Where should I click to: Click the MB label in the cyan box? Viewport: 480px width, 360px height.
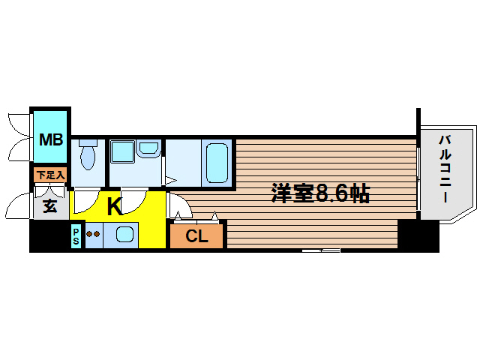(x=50, y=139)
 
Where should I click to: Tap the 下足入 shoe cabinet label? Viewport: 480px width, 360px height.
(x=50, y=175)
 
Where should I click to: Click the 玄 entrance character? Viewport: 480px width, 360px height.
(x=49, y=206)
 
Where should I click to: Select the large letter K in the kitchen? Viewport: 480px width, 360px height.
(x=114, y=206)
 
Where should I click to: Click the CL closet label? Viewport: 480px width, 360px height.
(x=196, y=237)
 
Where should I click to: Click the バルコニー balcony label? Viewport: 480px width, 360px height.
(x=444, y=169)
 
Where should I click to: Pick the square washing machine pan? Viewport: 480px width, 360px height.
(x=122, y=151)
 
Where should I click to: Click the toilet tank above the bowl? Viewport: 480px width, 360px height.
(x=88, y=142)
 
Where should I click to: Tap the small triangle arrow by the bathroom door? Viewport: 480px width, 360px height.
(x=170, y=180)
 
